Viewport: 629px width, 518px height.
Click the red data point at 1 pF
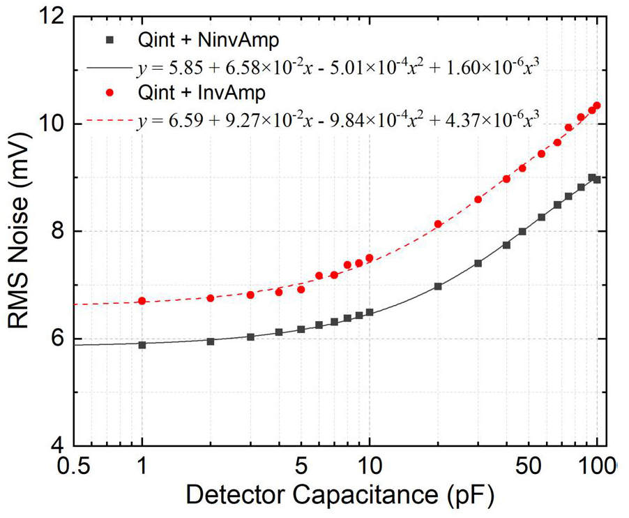[x=142, y=301]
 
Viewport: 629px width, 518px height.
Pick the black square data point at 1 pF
[x=142, y=345]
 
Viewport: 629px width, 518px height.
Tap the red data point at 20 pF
[x=438, y=224]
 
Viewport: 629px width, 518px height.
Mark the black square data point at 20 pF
[x=438, y=286]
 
